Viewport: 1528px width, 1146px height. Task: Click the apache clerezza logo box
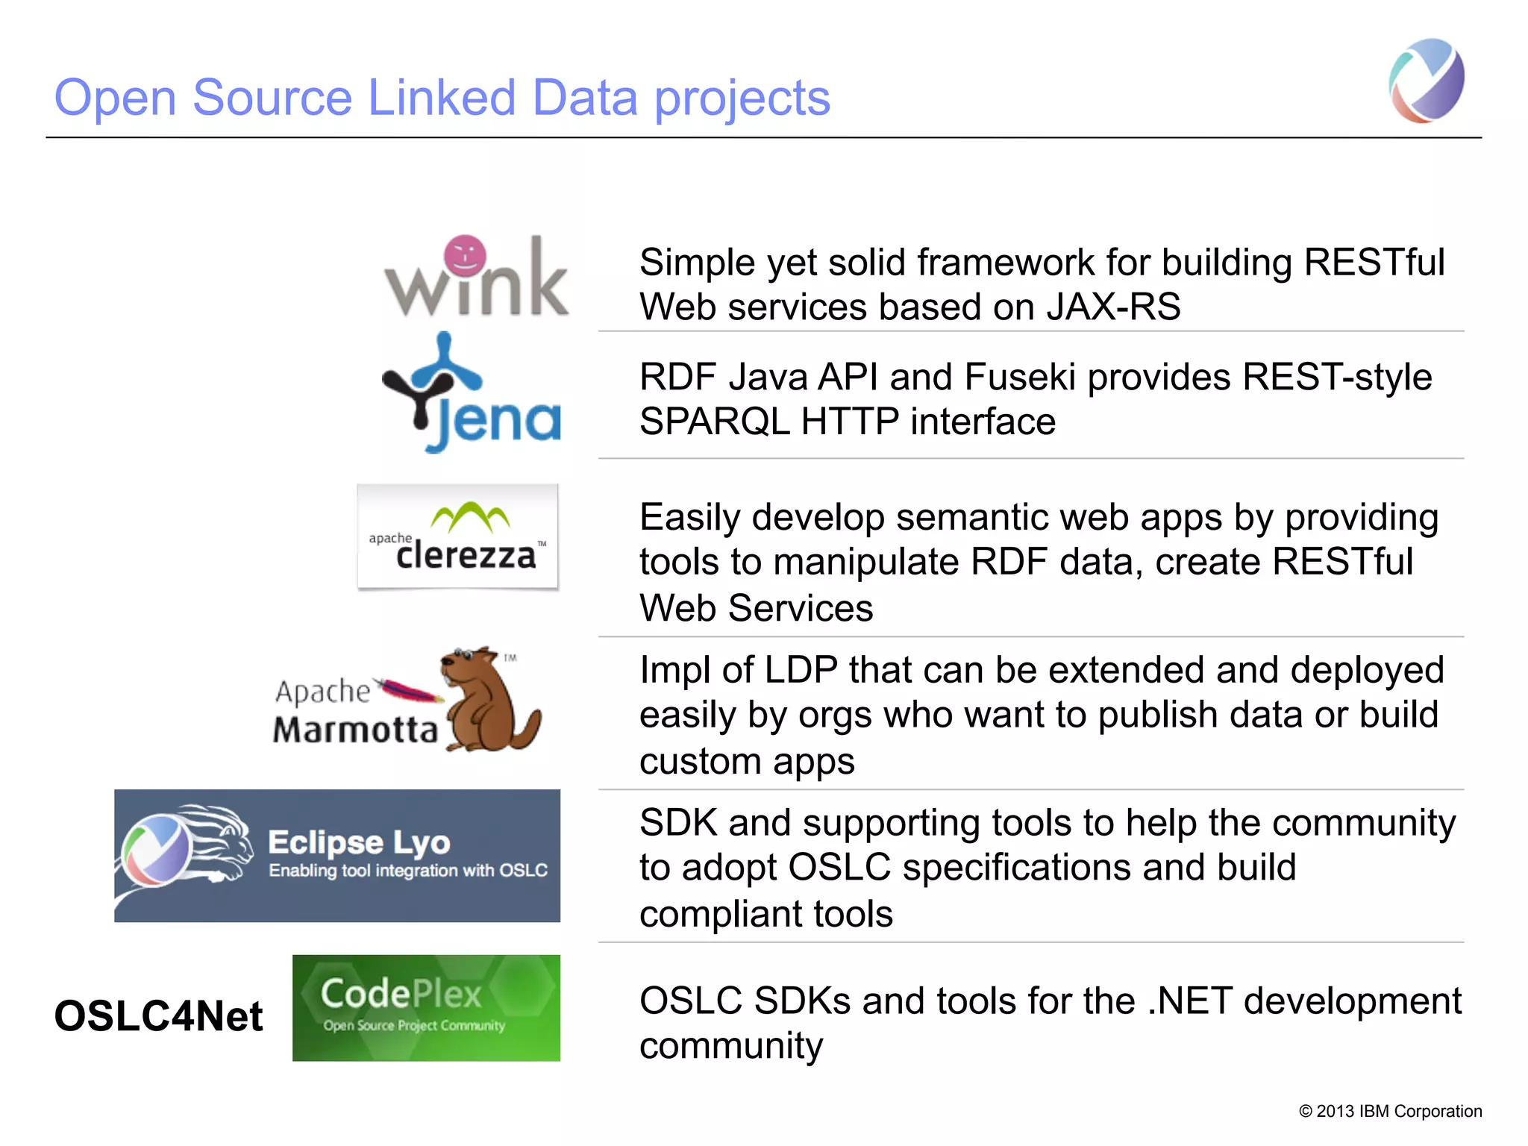[457, 536]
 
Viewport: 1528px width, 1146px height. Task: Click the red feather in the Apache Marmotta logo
[409, 691]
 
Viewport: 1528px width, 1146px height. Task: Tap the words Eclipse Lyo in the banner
[359, 842]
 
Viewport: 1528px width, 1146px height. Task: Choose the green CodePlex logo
[426, 1007]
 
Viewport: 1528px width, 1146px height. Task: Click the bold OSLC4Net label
[158, 1016]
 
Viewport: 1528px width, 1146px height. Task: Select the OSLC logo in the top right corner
[1426, 81]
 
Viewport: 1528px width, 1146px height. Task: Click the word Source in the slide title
[272, 98]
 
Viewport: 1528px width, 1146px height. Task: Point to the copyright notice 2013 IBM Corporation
[1390, 1111]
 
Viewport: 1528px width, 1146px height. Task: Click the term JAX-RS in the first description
[1113, 307]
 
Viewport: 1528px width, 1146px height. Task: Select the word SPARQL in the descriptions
[714, 422]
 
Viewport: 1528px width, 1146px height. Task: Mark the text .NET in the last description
[1189, 1001]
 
